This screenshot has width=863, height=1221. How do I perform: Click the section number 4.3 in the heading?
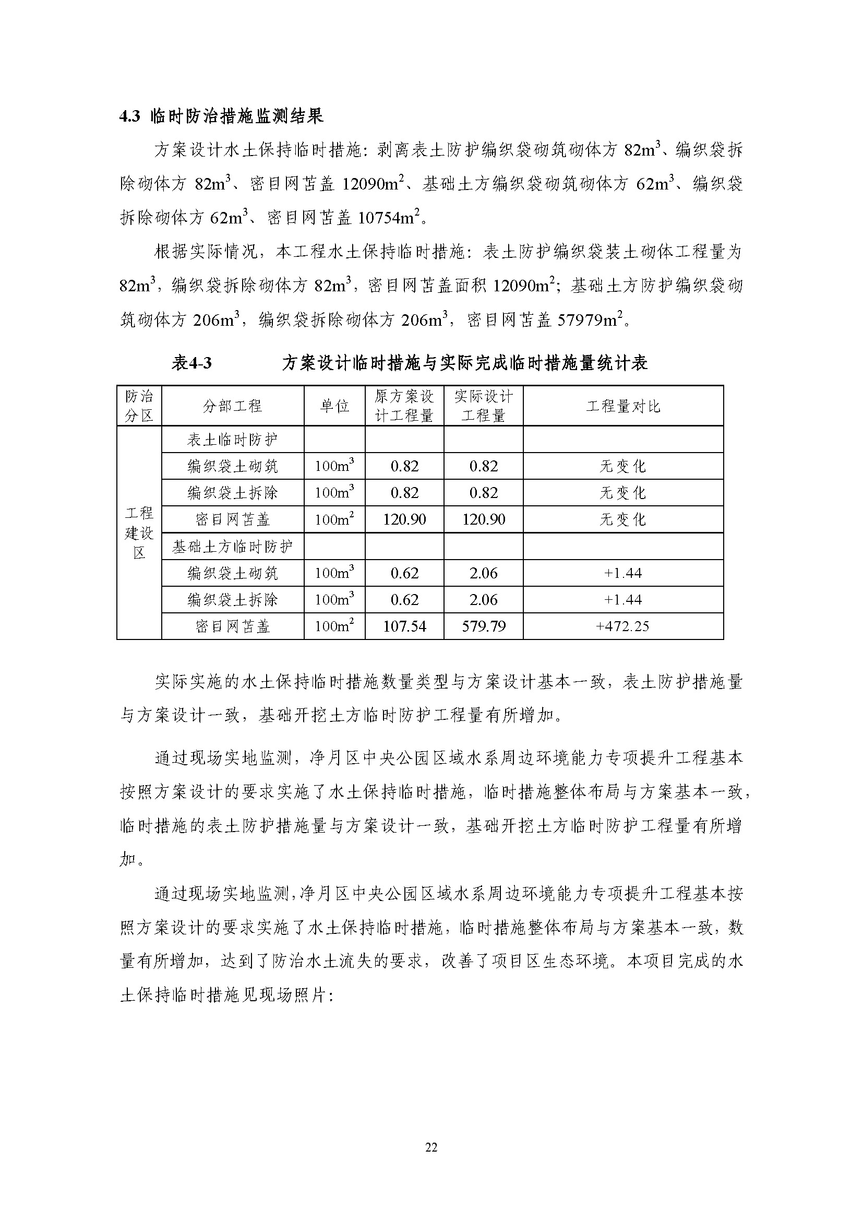coord(129,116)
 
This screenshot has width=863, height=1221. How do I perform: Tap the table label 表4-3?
coord(192,363)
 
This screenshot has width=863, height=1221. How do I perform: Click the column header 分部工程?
coord(232,406)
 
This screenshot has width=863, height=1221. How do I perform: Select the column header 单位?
coord(334,406)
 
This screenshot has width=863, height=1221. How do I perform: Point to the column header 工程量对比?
coord(623,406)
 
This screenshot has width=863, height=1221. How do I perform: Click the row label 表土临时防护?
coord(232,440)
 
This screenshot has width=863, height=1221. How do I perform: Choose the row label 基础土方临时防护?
coord(232,547)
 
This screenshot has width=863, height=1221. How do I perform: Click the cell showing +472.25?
coord(623,626)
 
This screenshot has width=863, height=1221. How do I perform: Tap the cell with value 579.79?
coord(484,626)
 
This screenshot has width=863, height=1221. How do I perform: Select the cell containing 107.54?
coord(404,626)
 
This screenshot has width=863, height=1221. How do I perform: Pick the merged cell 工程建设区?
coord(139,533)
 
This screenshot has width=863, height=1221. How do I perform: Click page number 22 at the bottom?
coord(431,1147)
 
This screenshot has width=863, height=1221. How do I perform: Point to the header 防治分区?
coord(139,406)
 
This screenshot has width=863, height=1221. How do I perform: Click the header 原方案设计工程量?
coord(404,406)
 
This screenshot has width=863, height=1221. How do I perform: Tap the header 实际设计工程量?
coord(484,406)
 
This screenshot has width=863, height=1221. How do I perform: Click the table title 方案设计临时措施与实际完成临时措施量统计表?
coord(465,363)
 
